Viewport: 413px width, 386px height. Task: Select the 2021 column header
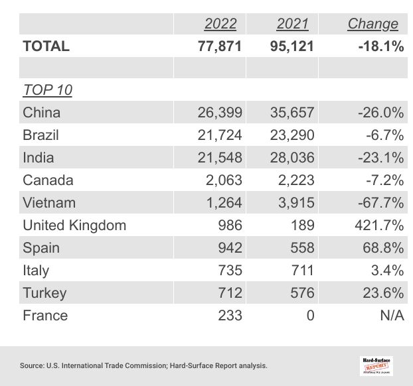point(293,24)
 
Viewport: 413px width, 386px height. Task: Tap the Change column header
point(372,24)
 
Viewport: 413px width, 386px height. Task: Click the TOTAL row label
point(46,46)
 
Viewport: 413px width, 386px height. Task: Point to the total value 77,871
point(220,46)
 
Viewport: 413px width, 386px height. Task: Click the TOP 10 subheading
point(47,90)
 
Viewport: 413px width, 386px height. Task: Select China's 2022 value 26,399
point(220,113)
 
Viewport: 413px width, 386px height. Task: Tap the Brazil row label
point(41,135)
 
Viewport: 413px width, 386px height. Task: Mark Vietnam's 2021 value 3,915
point(295,203)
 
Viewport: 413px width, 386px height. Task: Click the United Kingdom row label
point(74,225)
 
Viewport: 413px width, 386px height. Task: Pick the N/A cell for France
point(392,316)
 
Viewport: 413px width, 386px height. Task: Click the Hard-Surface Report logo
point(376,365)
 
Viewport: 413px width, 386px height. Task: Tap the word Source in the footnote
point(32,365)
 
